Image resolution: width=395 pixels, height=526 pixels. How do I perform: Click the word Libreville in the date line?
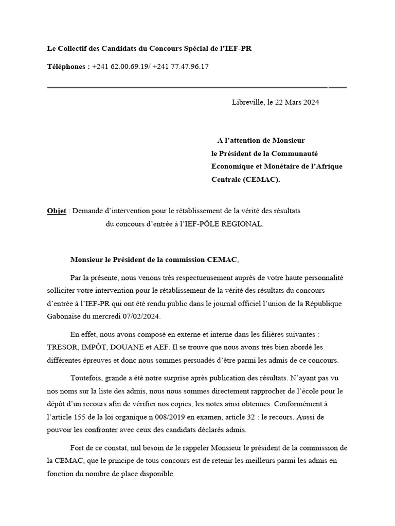point(247,102)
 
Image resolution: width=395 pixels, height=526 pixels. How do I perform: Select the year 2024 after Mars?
point(310,102)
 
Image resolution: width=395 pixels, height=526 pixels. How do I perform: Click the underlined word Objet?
point(57,211)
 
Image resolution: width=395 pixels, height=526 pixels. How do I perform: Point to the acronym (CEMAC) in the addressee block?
point(262,180)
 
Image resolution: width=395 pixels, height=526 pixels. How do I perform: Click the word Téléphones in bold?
point(67,67)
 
